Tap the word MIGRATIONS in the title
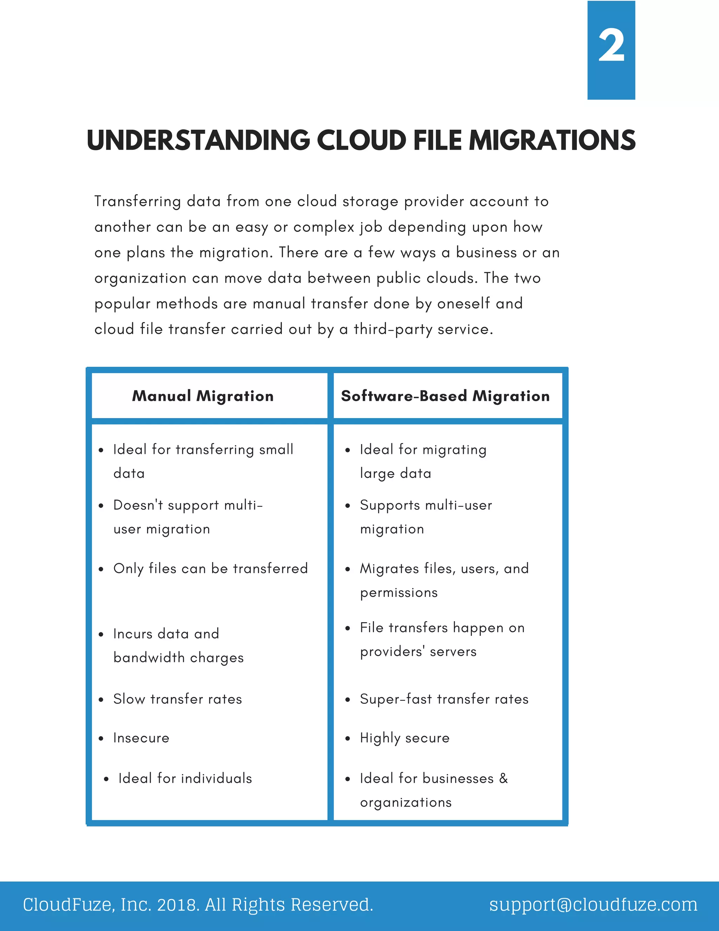[x=552, y=140]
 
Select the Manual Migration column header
[x=203, y=396]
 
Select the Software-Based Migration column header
[x=445, y=396]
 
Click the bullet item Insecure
[x=141, y=738]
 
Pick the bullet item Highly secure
[x=405, y=738]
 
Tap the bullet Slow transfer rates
[x=177, y=699]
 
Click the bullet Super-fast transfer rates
[x=444, y=699]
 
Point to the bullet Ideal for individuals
[x=185, y=779]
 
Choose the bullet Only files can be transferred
[x=210, y=569]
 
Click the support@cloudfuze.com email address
[x=593, y=905]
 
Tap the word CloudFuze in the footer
[x=68, y=905]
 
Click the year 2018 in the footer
[x=177, y=905]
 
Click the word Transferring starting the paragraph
[x=137, y=202]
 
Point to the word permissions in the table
[x=399, y=593]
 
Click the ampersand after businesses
[x=503, y=779]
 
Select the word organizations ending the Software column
[x=405, y=802]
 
